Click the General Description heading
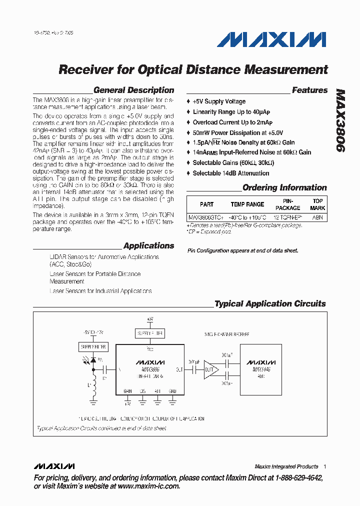133,90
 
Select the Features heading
309,90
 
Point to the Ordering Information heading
284,188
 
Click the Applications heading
148,245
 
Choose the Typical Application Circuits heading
270,303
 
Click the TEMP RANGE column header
247,204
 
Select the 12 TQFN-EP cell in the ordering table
288,217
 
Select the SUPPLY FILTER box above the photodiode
93,346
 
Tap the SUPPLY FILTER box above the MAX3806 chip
150,333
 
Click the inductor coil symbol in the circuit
93,392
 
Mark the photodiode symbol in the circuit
93,359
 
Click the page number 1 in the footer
324,466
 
